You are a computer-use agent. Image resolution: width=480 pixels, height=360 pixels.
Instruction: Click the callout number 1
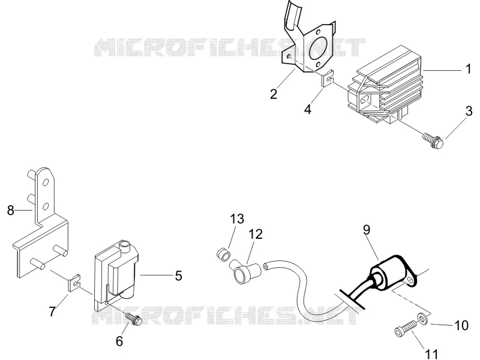tap(468, 69)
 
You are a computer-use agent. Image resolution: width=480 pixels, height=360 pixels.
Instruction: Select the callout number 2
tap(274, 94)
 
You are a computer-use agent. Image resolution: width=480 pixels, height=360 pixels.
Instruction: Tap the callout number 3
tap(469, 111)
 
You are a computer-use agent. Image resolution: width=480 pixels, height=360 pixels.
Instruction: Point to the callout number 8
tap(11, 211)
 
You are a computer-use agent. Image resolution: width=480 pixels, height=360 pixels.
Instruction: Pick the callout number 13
tap(237, 219)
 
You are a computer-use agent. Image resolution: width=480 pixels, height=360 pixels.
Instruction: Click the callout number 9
tap(367, 230)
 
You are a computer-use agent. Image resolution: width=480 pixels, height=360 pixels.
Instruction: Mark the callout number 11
tap(432, 354)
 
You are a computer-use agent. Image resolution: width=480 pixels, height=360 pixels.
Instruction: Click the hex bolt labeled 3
tap(433, 140)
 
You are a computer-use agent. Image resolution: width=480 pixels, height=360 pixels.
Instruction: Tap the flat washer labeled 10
tap(423, 319)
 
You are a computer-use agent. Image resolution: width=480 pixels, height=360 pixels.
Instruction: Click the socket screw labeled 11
tap(406, 328)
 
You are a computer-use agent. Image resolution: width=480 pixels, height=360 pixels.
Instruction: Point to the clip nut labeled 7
tap(74, 283)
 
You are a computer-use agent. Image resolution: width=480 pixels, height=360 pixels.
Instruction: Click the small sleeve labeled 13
tap(223, 255)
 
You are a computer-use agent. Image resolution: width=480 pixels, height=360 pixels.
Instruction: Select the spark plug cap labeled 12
tap(245, 269)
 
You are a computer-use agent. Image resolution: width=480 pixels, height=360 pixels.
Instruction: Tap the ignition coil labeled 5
tap(116, 275)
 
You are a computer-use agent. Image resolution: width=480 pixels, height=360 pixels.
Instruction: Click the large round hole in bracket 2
tap(319, 49)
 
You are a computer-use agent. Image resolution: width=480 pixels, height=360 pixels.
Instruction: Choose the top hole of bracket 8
tap(46, 183)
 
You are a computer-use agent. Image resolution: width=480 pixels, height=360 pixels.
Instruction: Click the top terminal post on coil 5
tap(125, 245)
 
